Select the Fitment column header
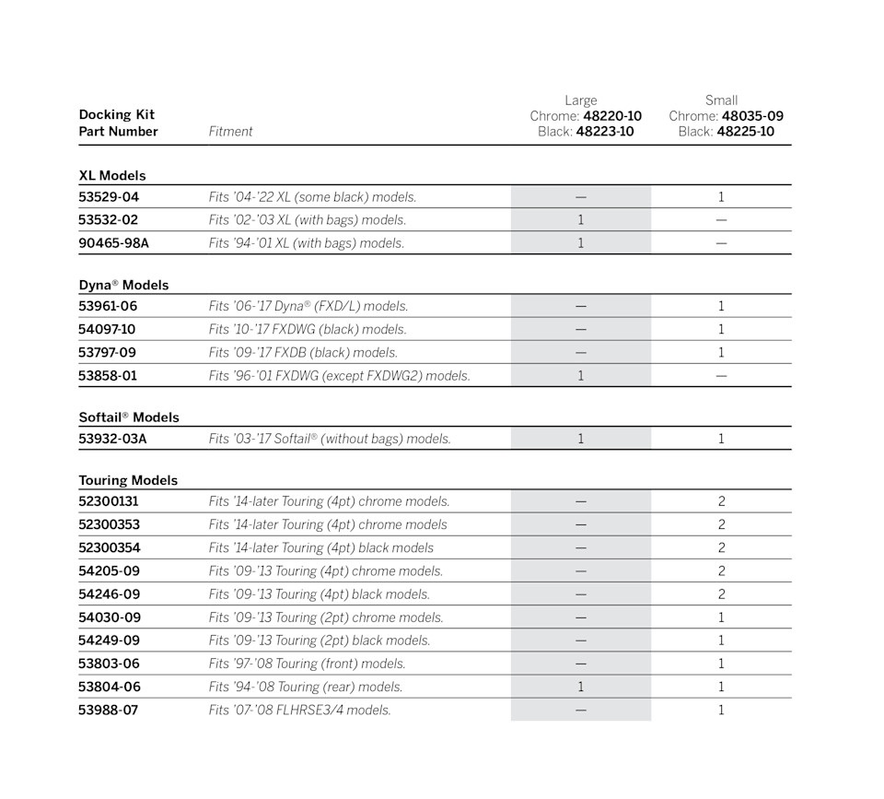(230, 132)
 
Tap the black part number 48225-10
(745, 132)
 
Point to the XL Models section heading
(112, 175)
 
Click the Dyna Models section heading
(123, 285)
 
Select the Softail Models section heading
(129, 417)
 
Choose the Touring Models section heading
(128, 480)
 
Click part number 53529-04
(109, 197)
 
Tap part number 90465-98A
(113, 243)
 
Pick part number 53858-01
(109, 376)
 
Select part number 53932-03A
(112, 439)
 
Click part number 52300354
(110, 548)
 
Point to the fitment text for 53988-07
(299, 711)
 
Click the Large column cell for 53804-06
(580, 687)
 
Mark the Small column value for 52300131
(721, 502)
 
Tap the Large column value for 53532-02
(580, 220)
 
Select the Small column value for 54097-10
(721, 330)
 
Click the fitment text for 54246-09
(320, 594)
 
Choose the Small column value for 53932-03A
(721, 439)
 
